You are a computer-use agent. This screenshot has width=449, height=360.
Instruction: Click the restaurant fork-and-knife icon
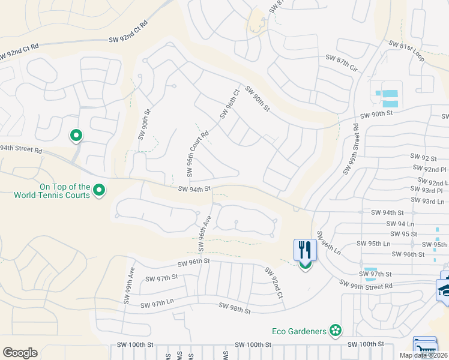click(305, 250)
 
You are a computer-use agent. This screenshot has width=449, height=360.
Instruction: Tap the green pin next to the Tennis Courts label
click(100, 191)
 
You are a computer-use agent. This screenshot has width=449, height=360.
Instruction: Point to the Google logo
click(20, 353)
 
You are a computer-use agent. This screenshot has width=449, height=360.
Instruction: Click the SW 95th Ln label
click(373, 243)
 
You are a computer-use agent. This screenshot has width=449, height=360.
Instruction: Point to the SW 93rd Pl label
click(430, 190)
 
